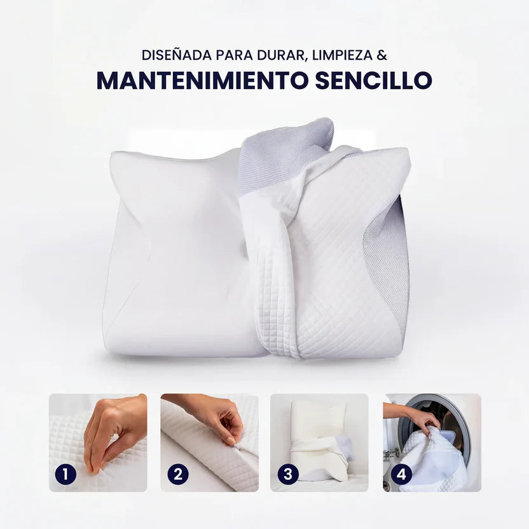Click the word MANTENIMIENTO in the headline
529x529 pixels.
(203, 80)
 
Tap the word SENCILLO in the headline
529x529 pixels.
(373, 80)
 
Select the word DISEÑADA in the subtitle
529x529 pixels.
(177, 55)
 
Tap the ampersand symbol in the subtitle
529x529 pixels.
(382, 55)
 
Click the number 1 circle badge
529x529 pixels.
(65, 474)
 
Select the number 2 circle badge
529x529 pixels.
(178, 474)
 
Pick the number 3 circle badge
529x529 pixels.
(288, 474)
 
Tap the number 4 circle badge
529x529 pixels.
(401, 474)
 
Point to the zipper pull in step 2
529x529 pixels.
(236, 448)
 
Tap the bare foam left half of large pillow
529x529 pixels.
(175, 253)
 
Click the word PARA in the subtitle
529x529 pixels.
(235, 55)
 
